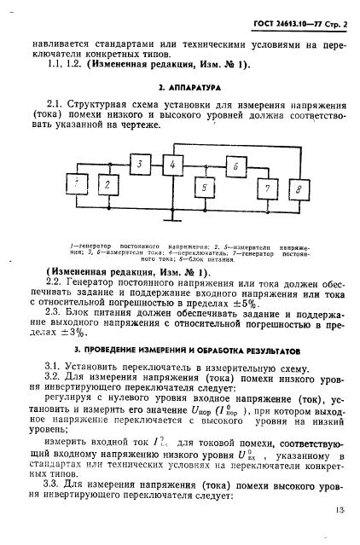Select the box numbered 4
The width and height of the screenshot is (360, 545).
click(x=171, y=164)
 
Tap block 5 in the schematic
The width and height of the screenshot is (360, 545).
click(x=202, y=187)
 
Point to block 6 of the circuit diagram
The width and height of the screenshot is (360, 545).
click(x=231, y=168)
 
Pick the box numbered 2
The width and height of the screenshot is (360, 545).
click(x=106, y=184)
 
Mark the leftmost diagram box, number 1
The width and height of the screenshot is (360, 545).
click(x=78, y=184)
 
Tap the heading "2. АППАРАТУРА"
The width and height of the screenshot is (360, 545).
click(x=181, y=88)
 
